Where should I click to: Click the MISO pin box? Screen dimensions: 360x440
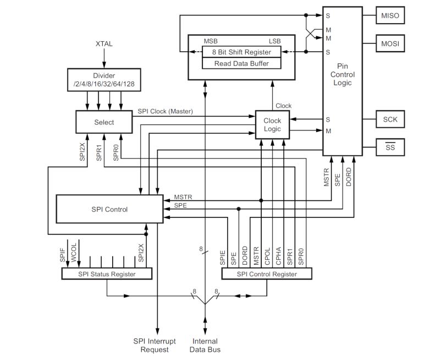[x=390, y=16]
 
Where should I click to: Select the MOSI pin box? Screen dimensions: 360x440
[x=390, y=42]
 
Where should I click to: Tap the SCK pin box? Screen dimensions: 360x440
[x=390, y=119]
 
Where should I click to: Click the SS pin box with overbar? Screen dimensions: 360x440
[x=390, y=147]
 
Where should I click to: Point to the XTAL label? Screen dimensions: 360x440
[x=104, y=44]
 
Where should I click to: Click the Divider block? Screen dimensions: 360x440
[x=103, y=79]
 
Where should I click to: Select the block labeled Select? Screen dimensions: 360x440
[x=104, y=122]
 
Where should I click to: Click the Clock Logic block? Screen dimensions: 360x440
[x=272, y=125]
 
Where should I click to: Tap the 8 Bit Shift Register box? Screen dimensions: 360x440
[x=241, y=52]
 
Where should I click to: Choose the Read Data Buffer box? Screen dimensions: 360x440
[x=241, y=63]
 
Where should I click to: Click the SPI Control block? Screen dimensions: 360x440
[x=109, y=209]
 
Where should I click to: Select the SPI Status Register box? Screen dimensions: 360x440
[x=106, y=274]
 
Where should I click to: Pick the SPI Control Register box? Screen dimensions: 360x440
[x=267, y=274]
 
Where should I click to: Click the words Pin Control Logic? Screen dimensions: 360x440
[x=342, y=74]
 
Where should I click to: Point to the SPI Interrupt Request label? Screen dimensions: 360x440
[x=155, y=345]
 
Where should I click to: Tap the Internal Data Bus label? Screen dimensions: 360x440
[x=205, y=345]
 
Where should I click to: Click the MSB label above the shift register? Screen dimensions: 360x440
[x=210, y=41]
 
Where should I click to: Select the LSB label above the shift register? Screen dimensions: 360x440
[x=274, y=41]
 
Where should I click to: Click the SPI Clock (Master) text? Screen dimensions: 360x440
[x=166, y=112]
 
